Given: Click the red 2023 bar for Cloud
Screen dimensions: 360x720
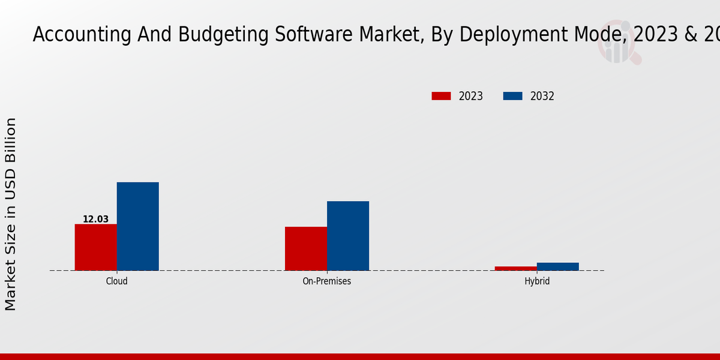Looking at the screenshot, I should pos(96,247).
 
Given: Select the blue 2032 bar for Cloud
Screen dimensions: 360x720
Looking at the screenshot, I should pos(138,226).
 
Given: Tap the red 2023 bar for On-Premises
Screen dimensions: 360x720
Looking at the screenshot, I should pos(306,248).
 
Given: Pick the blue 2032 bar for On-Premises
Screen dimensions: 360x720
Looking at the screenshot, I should pos(348,236).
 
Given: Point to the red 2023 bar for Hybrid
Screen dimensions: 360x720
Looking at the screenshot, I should pos(516,268).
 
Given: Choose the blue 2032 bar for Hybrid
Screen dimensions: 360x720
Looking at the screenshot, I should pos(558,266).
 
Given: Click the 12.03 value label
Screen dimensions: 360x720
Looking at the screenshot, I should pos(96,220).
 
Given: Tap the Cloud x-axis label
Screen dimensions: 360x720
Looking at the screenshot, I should pos(117,281).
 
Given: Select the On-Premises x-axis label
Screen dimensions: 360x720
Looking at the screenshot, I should pos(327,281).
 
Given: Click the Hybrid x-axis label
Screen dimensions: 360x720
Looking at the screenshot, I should pos(537,281).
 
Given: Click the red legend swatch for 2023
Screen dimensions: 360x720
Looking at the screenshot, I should pos(441,96).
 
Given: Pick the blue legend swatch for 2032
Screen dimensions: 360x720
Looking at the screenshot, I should pos(512,96).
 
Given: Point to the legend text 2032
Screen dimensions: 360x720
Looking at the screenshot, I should pos(542,96).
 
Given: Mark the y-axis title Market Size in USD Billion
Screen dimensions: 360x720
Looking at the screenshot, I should pos(11,214).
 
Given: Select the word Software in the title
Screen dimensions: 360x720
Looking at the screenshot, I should pos(316,35).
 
